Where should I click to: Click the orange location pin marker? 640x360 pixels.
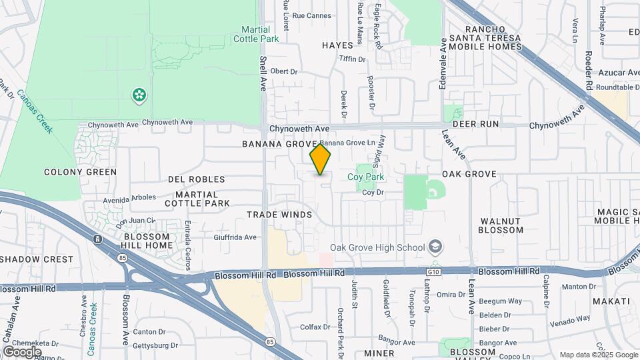click(320, 160)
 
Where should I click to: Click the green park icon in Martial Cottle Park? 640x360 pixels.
click(139, 95)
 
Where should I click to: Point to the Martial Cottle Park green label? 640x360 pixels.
click(255, 34)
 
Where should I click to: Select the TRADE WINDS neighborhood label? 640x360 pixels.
click(279, 215)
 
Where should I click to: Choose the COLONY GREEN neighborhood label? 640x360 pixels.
click(80, 172)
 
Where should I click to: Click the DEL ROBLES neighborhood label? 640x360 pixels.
click(197, 179)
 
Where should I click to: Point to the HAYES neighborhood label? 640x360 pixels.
click(337, 45)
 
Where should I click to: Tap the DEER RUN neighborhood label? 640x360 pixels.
click(476, 124)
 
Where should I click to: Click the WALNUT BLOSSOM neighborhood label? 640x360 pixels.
click(501, 225)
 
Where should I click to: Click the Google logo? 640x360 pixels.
click(21, 351)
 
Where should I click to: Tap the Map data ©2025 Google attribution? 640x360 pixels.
click(598, 355)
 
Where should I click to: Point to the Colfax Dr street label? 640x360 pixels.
click(315, 327)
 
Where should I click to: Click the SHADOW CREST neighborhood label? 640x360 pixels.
click(37, 259)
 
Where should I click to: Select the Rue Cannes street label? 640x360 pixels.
click(312, 15)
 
